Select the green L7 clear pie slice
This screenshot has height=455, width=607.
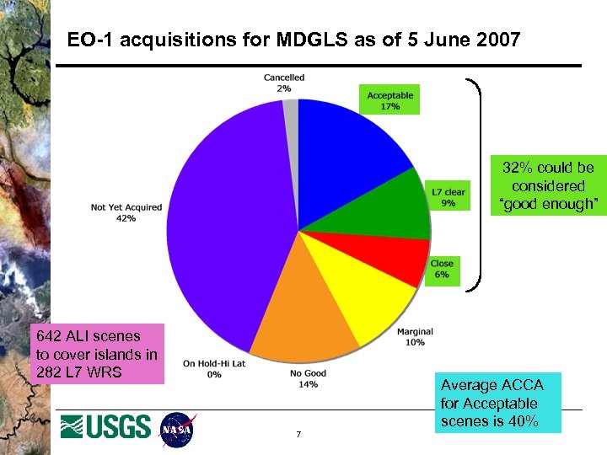(388, 206)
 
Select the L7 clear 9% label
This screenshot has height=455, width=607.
(448, 198)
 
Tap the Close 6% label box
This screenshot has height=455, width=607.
(442, 269)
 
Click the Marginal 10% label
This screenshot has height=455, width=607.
(415, 337)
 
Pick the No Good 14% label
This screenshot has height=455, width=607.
(308, 379)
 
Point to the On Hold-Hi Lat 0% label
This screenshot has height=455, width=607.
(214, 369)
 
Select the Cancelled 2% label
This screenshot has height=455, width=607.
(284, 83)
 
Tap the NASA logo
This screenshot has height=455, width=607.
(177, 429)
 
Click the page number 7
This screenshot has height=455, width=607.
(298, 435)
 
